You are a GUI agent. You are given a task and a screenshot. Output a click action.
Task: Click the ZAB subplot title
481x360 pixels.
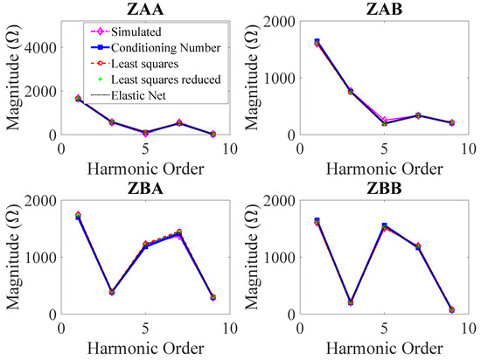pyautogui.click(x=385, y=10)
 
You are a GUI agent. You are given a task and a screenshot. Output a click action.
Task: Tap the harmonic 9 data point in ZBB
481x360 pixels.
pyautogui.click(x=451, y=309)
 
